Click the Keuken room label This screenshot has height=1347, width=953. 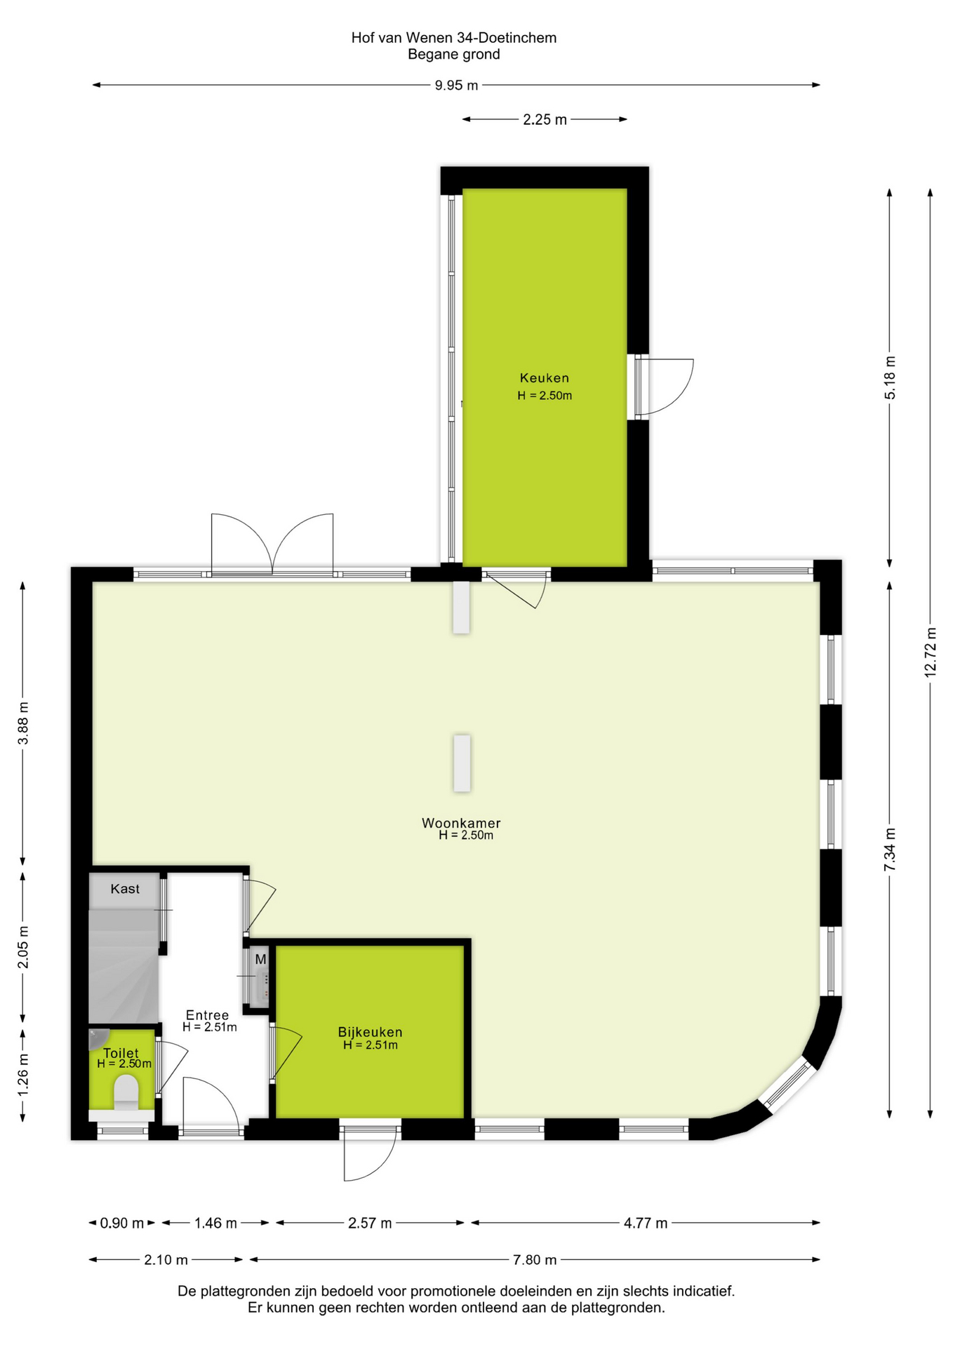[544, 378]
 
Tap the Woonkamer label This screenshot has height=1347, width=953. [461, 823]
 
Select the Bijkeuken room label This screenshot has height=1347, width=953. [370, 1032]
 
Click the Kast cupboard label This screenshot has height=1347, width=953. [125, 889]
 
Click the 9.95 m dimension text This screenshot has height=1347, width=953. [456, 86]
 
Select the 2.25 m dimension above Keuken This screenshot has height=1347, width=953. [545, 120]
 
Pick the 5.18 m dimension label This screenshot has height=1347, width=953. [890, 378]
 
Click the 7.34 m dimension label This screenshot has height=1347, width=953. [890, 850]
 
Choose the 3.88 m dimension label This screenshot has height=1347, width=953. [23, 723]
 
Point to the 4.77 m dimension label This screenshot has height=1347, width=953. [646, 1224]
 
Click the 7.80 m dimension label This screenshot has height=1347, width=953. [535, 1260]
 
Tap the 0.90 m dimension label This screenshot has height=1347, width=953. [122, 1224]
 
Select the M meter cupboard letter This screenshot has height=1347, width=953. [260, 959]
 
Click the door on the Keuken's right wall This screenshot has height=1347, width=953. [663, 387]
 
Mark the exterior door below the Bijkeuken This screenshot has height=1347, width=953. [369, 1151]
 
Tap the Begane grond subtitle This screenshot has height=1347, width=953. [454, 55]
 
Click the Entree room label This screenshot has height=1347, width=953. [207, 1015]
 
